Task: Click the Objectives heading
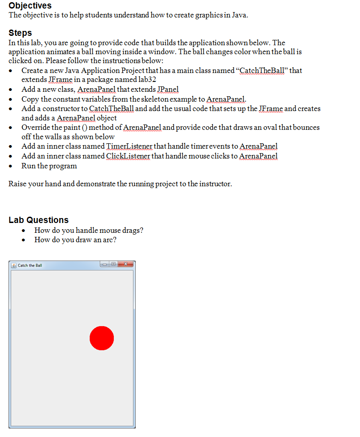point(30,5)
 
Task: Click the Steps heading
point(20,33)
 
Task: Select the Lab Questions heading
point(39,220)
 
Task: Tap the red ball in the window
point(102,338)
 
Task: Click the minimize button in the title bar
point(106,265)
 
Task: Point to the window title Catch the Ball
point(30,266)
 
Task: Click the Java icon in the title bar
point(14,266)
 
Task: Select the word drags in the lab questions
point(132,231)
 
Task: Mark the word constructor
point(60,109)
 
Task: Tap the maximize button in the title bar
point(114,265)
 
